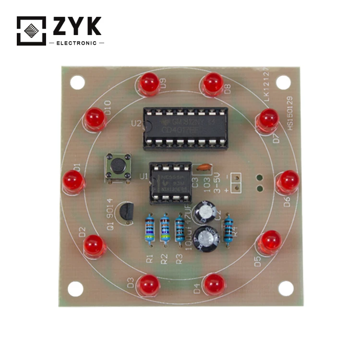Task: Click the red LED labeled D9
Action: tap(149, 83)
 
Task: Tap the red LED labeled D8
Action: tap(213, 83)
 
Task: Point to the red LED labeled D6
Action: tap(288, 180)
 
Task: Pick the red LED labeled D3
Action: tap(149, 285)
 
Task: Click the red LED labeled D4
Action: tap(214, 284)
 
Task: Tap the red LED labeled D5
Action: tap(270, 241)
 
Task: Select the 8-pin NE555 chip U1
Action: tap(170, 182)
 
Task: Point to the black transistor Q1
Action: tap(127, 212)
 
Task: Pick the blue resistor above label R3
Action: tap(180, 229)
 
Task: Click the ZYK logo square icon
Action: tap(31, 31)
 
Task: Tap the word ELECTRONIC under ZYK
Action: tap(76, 43)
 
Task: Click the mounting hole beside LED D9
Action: tap(77, 83)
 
